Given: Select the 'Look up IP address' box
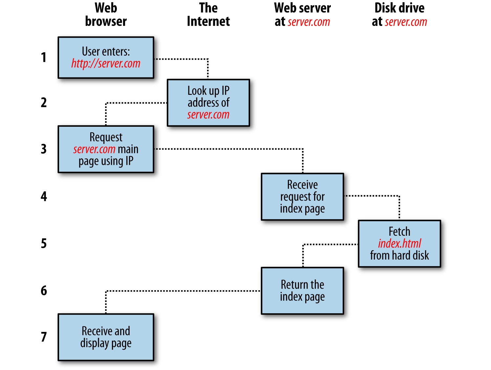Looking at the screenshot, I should click(x=208, y=102).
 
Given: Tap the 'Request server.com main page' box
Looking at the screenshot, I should click(x=106, y=149).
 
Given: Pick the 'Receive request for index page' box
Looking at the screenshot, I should click(x=302, y=197).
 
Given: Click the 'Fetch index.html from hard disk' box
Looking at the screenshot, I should click(x=399, y=244).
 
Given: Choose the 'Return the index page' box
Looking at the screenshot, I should click(x=302, y=291).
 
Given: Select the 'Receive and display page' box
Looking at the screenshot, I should click(x=106, y=337).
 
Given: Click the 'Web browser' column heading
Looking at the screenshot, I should click(x=106, y=15).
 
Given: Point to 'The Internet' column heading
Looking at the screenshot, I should click(x=208, y=15).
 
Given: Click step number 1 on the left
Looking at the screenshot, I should click(x=44, y=57).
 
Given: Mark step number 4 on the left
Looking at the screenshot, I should click(x=44, y=197).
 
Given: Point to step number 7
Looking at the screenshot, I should click(x=44, y=337).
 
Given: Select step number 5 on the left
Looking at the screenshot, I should click(x=44, y=244).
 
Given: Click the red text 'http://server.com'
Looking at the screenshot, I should click(x=106, y=63).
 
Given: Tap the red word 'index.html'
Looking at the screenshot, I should click(x=399, y=244).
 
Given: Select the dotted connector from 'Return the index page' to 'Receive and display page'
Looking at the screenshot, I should click(x=184, y=291).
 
